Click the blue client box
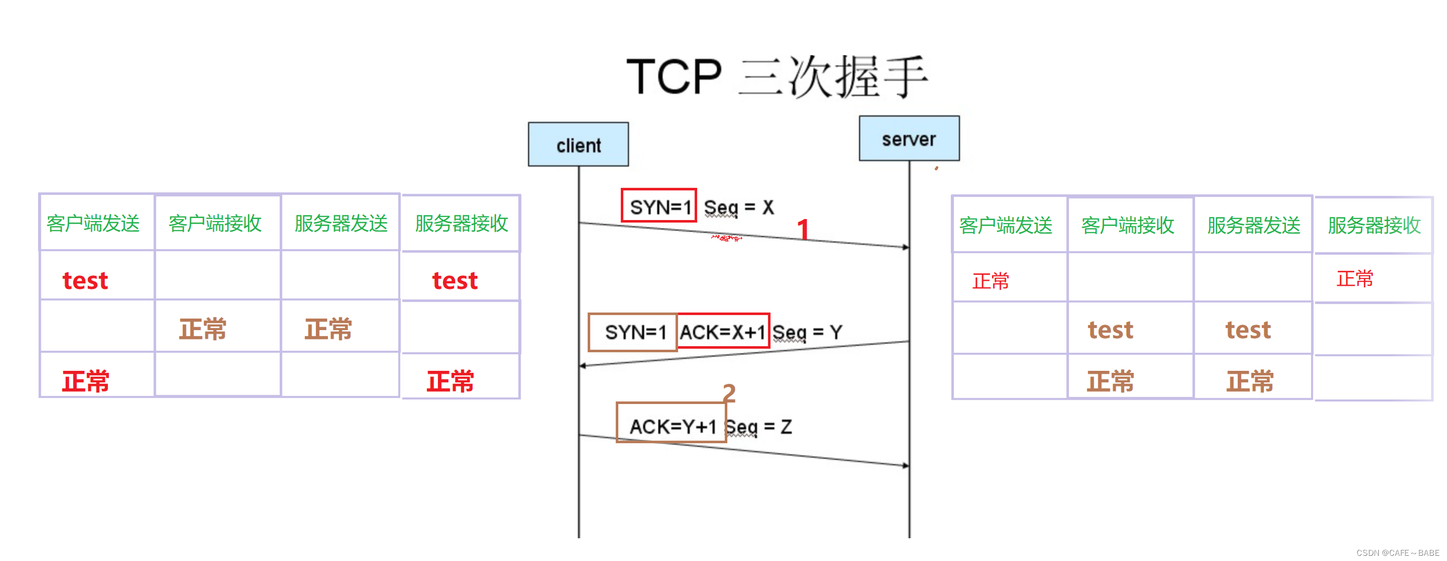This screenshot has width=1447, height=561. click(x=578, y=145)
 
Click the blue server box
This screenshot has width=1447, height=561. click(x=909, y=139)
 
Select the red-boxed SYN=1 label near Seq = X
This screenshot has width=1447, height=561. click(x=659, y=206)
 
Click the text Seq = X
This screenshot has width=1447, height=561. click(x=738, y=208)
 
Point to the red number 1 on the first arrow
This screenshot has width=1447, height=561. click(x=803, y=229)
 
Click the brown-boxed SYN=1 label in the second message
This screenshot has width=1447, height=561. click(x=634, y=332)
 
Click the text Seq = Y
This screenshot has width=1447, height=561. click(x=807, y=332)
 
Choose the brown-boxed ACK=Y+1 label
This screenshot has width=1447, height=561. click(x=672, y=426)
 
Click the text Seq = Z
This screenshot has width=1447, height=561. click(x=758, y=427)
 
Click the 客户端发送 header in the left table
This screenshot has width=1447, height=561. click(x=93, y=224)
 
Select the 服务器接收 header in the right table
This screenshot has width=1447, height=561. click(x=1374, y=225)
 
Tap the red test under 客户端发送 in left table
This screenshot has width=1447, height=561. click(x=85, y=280)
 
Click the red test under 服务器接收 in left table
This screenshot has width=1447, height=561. click(x=454, y=280)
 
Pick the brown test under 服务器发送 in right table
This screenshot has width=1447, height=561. click(x=1248, y=330)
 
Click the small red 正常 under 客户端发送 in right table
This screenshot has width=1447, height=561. click(x=990, y=280)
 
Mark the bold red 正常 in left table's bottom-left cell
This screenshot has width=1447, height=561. click(x=85, y=381)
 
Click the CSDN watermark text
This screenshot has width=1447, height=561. click(x=1397, y=553)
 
